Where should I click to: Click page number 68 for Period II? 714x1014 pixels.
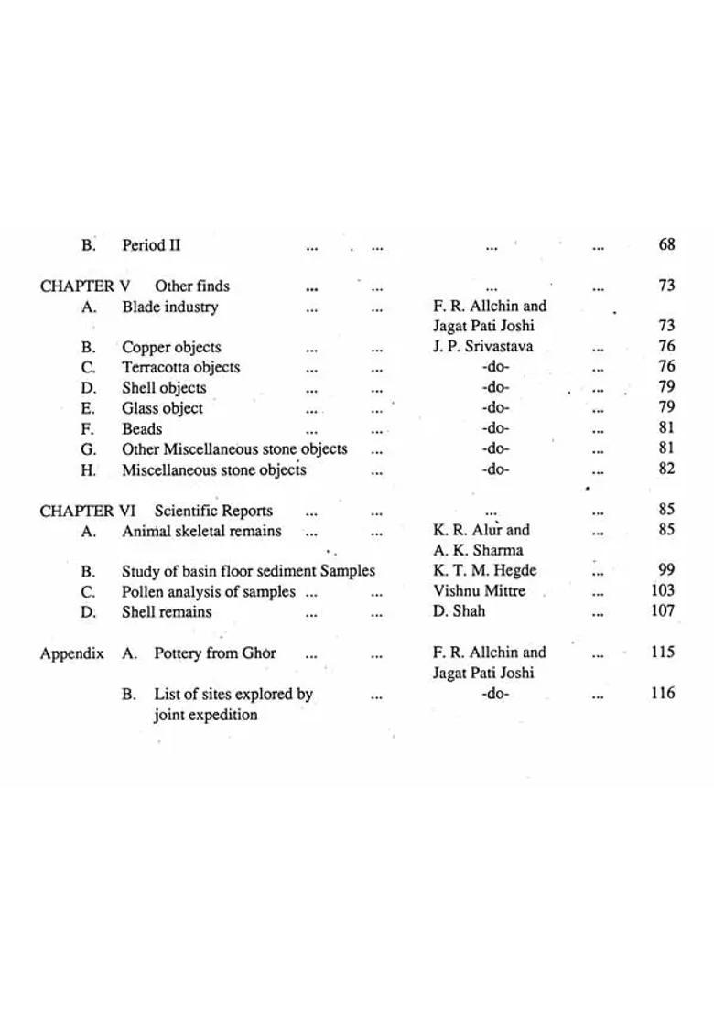click(666, 244)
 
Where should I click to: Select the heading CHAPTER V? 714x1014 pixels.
click(85, 286)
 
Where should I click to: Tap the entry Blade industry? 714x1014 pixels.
click(170, 307)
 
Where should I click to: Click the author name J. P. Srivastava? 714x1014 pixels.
click(482, 346)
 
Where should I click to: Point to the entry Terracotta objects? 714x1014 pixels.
click(180, 367)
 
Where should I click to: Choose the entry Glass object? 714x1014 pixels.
click(162, 408)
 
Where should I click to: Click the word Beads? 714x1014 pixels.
click(142, 428)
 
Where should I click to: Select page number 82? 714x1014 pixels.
click(666, 469)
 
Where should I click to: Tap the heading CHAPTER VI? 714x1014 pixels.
click(87, 511)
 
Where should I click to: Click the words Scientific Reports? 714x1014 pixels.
click(213, 511)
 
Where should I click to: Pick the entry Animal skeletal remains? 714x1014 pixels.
click(201, 531)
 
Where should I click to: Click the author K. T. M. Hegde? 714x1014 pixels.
click(484, 570)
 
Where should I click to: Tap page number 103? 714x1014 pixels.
click(663, 590)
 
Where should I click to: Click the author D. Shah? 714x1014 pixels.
click(459, 610)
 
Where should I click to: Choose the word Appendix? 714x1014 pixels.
click(71, 653)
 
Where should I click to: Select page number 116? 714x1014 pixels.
click(663, 693)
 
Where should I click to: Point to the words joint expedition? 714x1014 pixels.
click(205, 715)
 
